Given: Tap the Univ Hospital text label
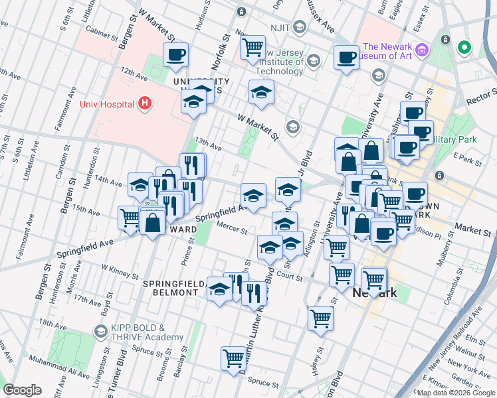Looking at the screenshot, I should (x=107, y=103).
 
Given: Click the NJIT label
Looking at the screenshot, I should (x=276, y=27).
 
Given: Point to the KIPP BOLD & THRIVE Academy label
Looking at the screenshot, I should (x=138, y=332).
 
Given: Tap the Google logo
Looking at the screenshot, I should (x=22, y=390).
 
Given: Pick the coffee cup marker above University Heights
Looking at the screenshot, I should (x=175, y=56).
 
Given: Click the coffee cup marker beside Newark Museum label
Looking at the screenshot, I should (x=346, y=58).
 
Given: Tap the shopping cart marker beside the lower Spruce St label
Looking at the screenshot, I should (x=234, y=359).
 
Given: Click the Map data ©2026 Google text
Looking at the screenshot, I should (x=456, y=393).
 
